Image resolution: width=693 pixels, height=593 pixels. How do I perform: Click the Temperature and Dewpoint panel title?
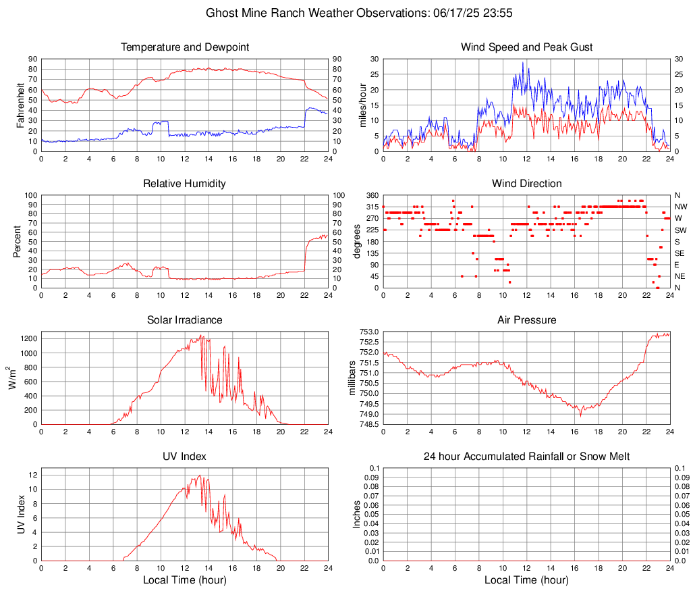tap(185, 47)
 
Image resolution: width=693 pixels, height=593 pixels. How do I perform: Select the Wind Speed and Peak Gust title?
tap(526, 47)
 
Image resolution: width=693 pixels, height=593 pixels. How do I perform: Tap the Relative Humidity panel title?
tap(185, 184)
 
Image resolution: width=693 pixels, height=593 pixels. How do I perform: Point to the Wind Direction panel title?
tap(526, 184)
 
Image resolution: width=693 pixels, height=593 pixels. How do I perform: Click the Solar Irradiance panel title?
tap(185, 320)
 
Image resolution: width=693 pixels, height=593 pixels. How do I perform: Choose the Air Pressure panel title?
tap(526, 320)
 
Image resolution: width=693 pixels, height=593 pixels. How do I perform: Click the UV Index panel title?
tap(185, 457)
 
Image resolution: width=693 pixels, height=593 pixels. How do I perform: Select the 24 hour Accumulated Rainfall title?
tap(526, 457)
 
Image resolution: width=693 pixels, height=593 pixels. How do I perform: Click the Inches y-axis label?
tap(357, 514)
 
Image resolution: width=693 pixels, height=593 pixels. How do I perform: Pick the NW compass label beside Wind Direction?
tap(680, 207)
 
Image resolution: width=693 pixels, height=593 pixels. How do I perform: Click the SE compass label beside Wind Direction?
tap(680, 253)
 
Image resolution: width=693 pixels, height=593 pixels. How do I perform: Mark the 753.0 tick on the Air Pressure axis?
tap(370, 332)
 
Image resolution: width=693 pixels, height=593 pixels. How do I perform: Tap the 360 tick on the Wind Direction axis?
tap(372, 195)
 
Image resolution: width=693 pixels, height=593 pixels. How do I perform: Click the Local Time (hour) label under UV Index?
tap(185, 580)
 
